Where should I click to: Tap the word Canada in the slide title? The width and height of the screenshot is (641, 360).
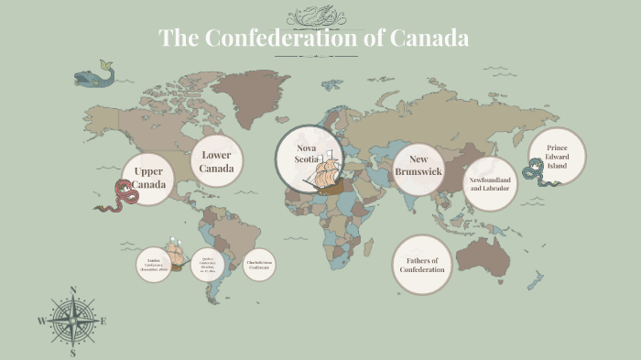click(x=429, y=38)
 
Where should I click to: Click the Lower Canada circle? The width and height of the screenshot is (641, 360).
click(x=217, y=161)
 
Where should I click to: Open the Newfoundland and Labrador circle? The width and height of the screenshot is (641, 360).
click(x=490, y=184)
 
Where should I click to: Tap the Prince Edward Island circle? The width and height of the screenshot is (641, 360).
click(x=557, y=156)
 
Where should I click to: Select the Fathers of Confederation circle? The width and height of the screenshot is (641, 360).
click(x=422, y=266)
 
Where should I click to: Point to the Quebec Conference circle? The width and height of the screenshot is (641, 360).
click(x=208, y=264)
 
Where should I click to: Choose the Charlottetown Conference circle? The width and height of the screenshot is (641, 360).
click(x=259, y=264)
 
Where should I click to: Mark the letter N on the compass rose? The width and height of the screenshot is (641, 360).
click(x=72, y=291)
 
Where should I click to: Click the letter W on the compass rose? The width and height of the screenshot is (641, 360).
click(x=41, y=322)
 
